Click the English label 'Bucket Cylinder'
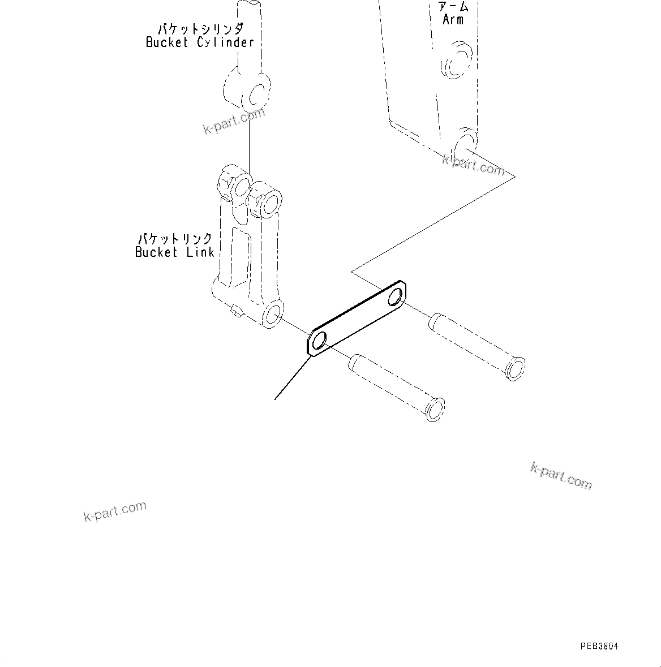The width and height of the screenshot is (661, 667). [200, 42]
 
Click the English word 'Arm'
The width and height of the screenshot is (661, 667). [453, 20]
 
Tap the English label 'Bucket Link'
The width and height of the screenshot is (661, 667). [174, 252]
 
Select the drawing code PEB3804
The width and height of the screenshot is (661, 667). [599, 646]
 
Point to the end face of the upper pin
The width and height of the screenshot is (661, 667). [516, 368]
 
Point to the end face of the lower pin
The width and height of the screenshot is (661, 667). [435, 410]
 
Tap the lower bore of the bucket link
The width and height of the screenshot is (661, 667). [273, 315]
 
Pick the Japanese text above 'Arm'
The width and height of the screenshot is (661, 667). [453, 7]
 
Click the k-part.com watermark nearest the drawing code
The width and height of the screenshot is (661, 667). [561, 476]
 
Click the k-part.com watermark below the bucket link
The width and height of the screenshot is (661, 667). [115, 511]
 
